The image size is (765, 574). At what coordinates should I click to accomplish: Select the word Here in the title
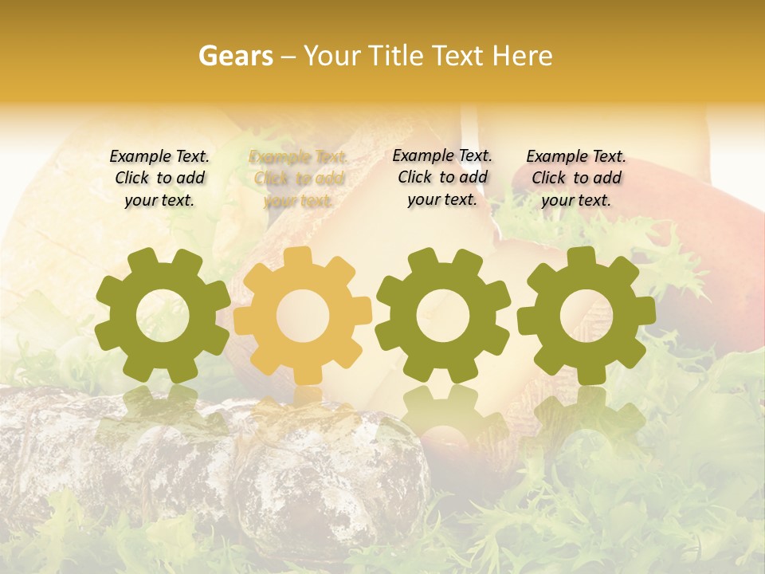pyautogui.click(x=521, y=56)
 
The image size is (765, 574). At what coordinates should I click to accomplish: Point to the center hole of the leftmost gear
pyautogui.click(x=163, y=316)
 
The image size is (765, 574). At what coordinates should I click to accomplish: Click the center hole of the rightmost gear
pyautogui.click(x=586, y=316)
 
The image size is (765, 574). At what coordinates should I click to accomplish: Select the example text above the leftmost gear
pyautogui.click(x=159, y=178)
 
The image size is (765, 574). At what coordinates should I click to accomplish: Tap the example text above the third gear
pyautogui.click(x=442, y=177)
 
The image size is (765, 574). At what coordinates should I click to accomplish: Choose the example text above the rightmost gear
pyautogui.click(x=576, y=178)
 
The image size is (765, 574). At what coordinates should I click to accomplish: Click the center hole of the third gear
pyautogui.click(x=442, y=316)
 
